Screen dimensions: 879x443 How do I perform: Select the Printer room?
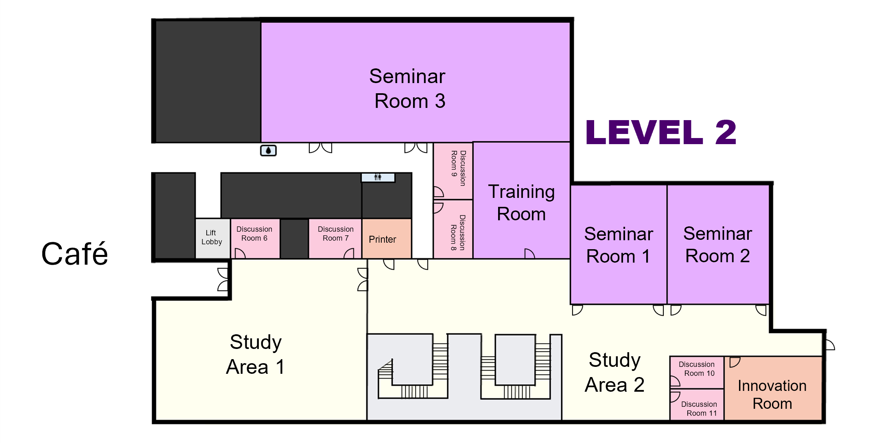[x=387, y=239]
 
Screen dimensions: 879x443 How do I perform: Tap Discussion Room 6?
[x=255, y=239]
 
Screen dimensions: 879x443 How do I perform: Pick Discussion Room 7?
[x=335, y=239]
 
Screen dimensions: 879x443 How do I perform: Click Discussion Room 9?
[x=453, y=171]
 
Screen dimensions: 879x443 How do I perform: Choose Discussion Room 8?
[x=453, y=229]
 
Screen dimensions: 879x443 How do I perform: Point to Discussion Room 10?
[x=697, y=373]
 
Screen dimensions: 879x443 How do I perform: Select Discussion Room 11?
[x=697, y=404]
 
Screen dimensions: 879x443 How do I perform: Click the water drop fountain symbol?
[x=268, y=151]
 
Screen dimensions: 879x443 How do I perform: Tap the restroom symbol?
[x=378, y=177]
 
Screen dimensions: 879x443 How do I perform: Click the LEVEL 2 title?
[x=661, y=132]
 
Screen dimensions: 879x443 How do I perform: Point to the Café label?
[x=75, y=254]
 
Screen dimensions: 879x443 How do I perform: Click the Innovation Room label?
[x=772, y=395]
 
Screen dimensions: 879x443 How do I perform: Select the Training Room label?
[x=521, y=202]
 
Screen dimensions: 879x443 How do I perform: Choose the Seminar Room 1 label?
[x=619, y=245]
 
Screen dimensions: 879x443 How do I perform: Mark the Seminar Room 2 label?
[x=718, y=245]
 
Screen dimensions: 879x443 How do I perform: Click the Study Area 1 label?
[x=255, y=354]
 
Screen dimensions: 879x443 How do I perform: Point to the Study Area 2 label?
[x=614, y=372]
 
